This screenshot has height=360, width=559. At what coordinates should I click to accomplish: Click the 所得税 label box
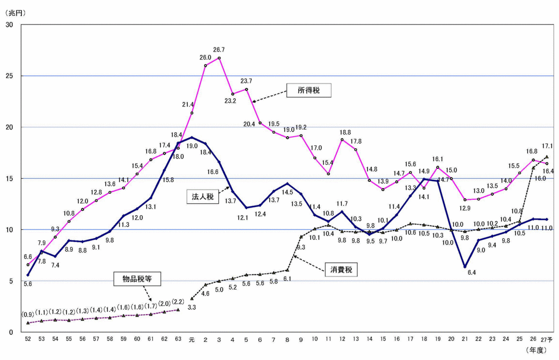point(309,91)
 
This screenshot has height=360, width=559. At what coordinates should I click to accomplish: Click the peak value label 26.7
point(219,50)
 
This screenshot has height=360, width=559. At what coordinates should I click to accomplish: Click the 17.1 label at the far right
point(548,146)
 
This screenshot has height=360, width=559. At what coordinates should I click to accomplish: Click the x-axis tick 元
point(191,339)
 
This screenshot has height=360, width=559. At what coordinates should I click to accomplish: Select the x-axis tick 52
point(28,339)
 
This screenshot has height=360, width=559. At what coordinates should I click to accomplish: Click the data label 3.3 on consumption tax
point(192,308)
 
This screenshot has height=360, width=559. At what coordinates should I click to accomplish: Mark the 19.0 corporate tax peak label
point(192,146)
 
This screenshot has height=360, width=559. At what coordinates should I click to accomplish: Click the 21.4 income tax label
point(188,104)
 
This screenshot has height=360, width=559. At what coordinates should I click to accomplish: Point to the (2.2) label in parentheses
point(179,302)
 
